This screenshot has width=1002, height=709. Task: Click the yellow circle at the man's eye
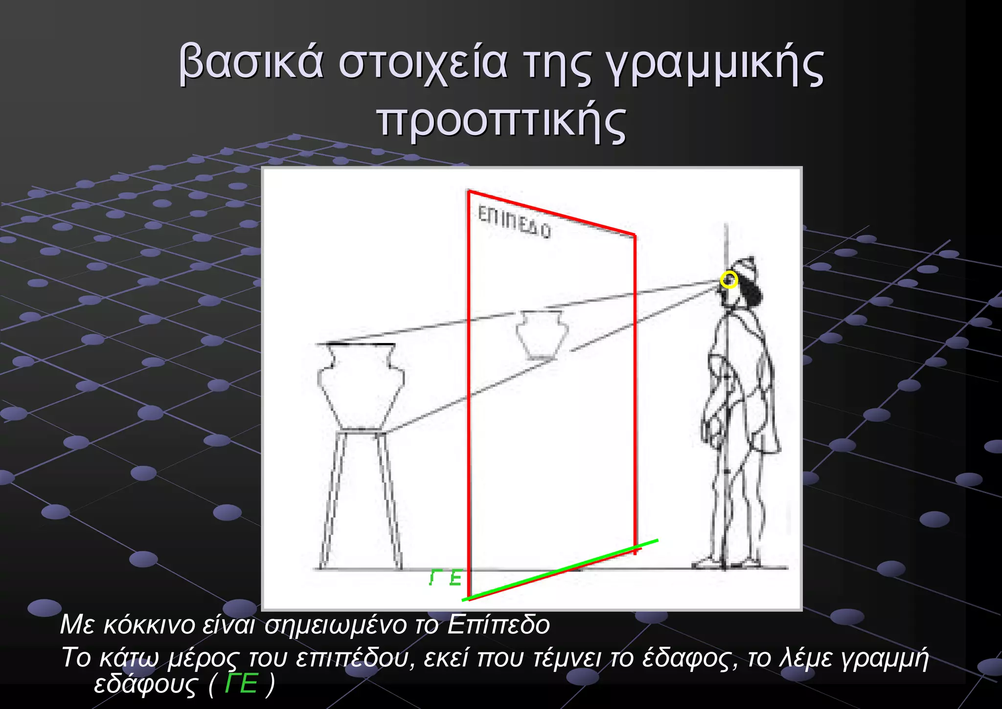click(x=729, y=280)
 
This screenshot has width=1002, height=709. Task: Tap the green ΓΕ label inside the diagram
click(x=445, y=578)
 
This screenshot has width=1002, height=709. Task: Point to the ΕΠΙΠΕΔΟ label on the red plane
click(x=514, y=223)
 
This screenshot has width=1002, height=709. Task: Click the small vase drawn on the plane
click(x=542, y=335)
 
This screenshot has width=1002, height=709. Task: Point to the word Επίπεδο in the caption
click(x=499, y=625)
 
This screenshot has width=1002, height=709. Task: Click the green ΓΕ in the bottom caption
click(x=241, y=684)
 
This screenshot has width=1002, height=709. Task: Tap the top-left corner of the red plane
click(x=469, y=191)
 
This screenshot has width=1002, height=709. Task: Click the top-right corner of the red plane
click(x=635, y=236)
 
